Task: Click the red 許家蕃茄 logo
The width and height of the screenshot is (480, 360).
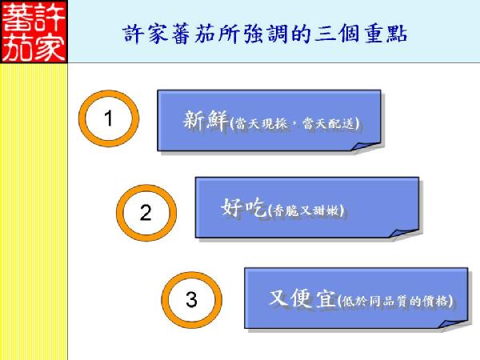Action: click(x=34, y=31)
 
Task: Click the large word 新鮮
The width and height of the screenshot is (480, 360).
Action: click(x=206, y=120)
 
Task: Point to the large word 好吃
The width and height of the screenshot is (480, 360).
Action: click(x=243, y=207)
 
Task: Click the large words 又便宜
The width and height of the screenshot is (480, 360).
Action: click(x=302, y=298)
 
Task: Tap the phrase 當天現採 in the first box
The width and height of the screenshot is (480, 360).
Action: click(x=261, y=124)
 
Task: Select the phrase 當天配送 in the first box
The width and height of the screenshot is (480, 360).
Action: click(x=329, y=124)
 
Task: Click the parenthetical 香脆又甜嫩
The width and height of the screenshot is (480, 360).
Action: click(x=306, y=210)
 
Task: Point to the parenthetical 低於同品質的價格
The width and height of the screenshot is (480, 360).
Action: click(x=395, y=302)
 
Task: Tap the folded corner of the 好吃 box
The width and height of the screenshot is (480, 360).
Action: click(x=404, y=233)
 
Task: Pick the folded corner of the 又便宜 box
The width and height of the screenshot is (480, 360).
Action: click(x=453, y=324)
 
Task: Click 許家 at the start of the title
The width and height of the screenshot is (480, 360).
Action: click(x=145, y=34)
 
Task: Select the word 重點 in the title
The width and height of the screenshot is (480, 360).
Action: click(x=386, y=34)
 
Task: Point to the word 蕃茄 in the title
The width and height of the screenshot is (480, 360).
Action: click(x=193, y=34)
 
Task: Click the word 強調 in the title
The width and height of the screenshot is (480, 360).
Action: click(x=266, y=34)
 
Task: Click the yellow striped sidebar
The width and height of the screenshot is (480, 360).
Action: click(x=34, y=211)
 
